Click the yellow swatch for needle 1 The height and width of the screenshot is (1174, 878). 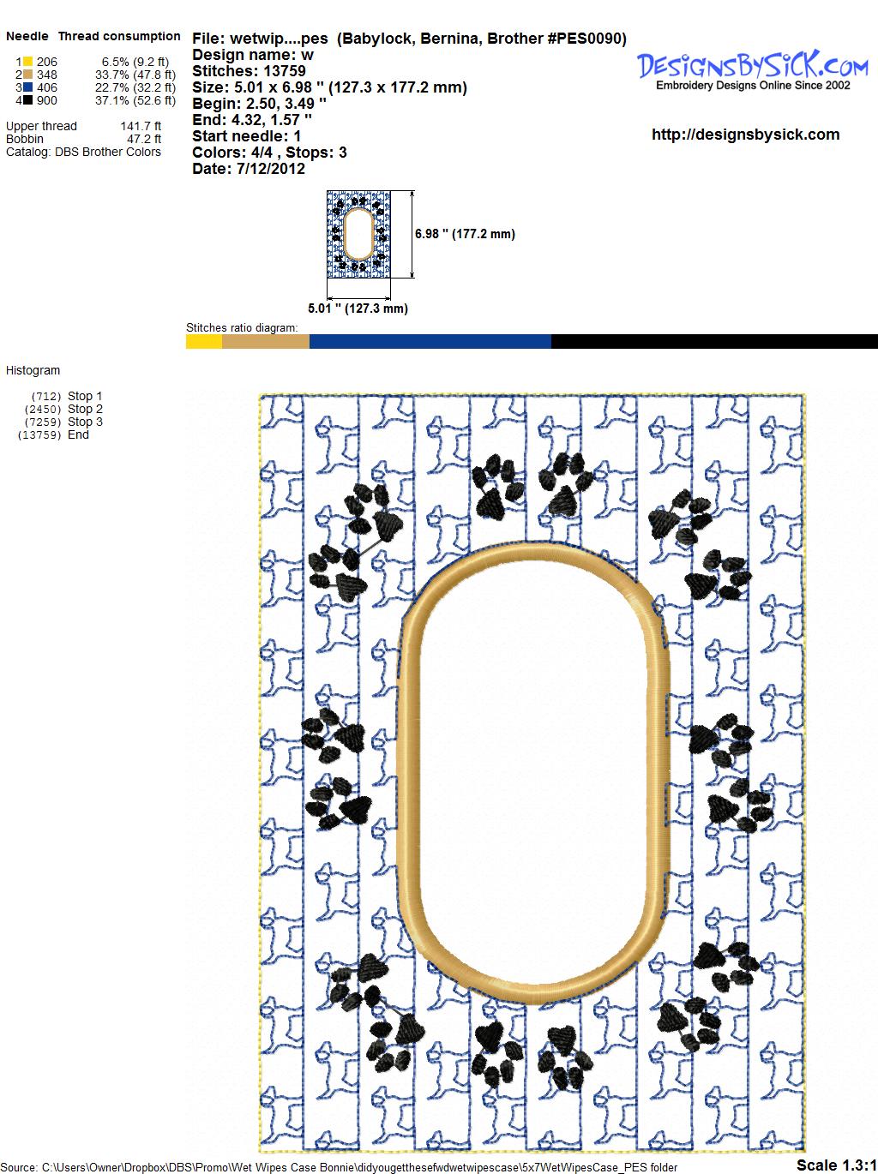(x=27, y=62)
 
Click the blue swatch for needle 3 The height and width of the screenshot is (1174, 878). (x=27, y=87)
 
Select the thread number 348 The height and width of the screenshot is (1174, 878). (x=47, y=75)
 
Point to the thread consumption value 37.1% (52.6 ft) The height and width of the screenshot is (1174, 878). (x=135, y=100)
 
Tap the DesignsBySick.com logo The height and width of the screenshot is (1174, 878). (x=753, y=70)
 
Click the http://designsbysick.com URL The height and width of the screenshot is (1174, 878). (x=745, y=135)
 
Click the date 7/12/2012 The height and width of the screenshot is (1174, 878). (x=271, y=169)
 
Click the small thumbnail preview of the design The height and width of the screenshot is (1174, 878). (x=358, y=234)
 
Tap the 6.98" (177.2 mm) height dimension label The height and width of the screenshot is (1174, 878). (x=465, y=234)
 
